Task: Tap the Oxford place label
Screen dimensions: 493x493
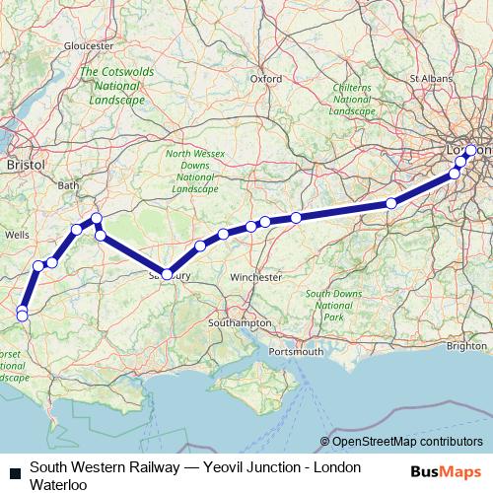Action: pyautogui.click(x=265, y=78)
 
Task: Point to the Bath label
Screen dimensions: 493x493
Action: pyautogui.click(x=69, y=184)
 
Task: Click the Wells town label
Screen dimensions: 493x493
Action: pyautogui.click(x=17, y=236)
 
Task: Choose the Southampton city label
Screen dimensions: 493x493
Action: pyautogui.click(x=240, y=323)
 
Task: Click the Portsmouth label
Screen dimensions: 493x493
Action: pyautogui.click(x=297, y=351)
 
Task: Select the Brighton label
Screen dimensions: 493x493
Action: pyautogui.click(x=466, y=346)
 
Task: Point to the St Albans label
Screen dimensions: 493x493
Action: pyautogui.click(x=430, y=77)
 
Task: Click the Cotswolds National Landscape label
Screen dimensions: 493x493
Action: pyautogui.click(x=116, y=86)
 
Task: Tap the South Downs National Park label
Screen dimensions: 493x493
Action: pyautogui.click(x=333, y=306)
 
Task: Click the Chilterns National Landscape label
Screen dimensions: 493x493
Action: pyautogui.click(x=352, y=100)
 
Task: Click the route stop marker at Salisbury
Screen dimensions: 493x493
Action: pyautogui.click(x=168, y=274)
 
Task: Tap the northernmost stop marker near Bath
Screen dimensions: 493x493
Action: pyautogui.click(x=97, y=217)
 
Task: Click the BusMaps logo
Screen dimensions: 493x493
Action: pyautogui.click(x=445, y=472)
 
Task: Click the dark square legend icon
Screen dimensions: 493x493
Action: pyautogui.click(x=13, y=472)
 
